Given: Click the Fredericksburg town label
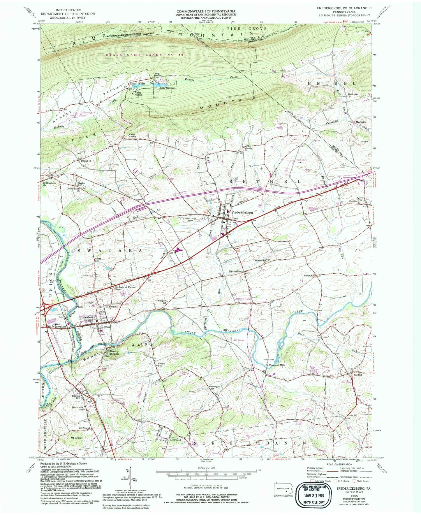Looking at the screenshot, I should (x=242, y=212).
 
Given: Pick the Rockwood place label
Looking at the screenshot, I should (x=175, y=440).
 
